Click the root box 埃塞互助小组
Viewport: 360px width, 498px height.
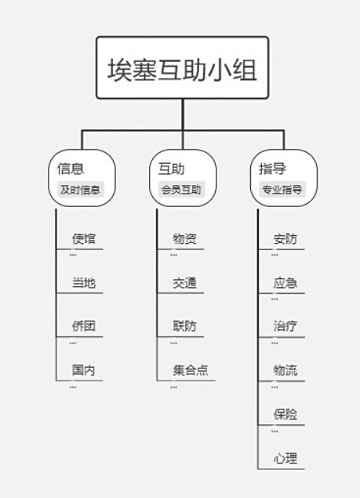point(183,67)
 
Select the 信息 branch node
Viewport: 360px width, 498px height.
point(82,178)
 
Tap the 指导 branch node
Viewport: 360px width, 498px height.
point(284,178)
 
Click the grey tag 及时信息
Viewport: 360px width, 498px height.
point(80,190)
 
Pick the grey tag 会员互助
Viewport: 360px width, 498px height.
point(181,190)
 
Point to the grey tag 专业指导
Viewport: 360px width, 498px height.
point(282,190)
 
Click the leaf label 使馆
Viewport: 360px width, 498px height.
point(84,239)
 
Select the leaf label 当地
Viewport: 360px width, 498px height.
point(84,282)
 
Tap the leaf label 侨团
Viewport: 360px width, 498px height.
point(84,326)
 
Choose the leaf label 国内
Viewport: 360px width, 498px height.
point(84,370)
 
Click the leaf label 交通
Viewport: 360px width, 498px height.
point(184,282)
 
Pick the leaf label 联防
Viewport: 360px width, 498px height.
point(184,326)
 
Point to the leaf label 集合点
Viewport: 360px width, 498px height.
point(191,370)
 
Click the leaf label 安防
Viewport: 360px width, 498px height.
point(285,239)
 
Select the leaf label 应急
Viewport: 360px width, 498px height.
point(285,282)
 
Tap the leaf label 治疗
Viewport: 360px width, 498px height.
point(285,326)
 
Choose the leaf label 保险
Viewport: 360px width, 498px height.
point(285,414)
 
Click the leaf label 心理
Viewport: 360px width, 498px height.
point(285,458)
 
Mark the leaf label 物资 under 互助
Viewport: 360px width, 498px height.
point(184,239)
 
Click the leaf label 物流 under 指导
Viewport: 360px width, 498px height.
point(285,370)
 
